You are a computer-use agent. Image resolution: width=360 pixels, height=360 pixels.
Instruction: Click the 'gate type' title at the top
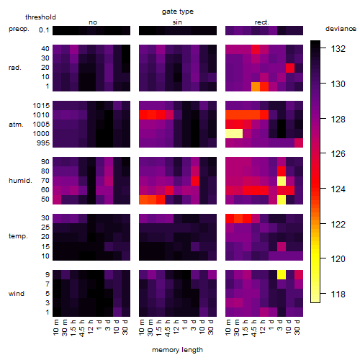tap(178, 12)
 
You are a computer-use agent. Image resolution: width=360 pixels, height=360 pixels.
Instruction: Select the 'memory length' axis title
tap(177, 350)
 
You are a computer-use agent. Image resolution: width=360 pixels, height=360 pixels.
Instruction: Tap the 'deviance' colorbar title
tap(341, 29)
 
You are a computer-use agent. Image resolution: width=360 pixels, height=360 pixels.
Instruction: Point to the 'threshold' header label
tap(40, 17)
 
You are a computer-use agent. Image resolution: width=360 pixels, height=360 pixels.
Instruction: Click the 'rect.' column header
tap(261, 22)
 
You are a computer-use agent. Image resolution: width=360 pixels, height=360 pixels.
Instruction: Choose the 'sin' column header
tap(177, 22)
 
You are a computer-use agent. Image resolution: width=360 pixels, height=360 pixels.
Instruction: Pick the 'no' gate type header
tap(93, 22)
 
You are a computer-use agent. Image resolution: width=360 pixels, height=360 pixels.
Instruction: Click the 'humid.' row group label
tap(20, 181)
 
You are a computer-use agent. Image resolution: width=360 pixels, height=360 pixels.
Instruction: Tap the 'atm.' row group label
tap(16, 125)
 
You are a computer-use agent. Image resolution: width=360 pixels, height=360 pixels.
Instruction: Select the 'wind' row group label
tap(17, 294)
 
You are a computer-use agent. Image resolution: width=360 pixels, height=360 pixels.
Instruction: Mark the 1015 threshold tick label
tap(41, 106)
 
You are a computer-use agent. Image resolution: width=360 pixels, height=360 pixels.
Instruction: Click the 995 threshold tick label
tap(43, 143)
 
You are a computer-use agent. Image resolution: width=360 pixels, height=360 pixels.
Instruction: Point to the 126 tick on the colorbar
tap(338, 154)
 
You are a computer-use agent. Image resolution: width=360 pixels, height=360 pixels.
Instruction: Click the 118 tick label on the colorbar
tap(338, 294)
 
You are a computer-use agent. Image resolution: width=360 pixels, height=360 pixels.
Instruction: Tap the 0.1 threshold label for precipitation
tap(44, 30)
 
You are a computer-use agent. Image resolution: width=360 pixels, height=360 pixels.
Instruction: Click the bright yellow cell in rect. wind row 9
tap(282, 274)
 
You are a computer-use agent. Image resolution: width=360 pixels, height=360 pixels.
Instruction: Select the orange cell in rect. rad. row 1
tap(256, 86)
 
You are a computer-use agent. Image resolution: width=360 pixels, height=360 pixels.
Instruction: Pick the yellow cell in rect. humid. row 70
tap(282, 181)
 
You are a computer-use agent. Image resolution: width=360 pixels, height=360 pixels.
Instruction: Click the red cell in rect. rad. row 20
tap(290, 68)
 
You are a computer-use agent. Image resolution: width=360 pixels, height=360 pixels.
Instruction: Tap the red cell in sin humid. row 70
tap(195, 181)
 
